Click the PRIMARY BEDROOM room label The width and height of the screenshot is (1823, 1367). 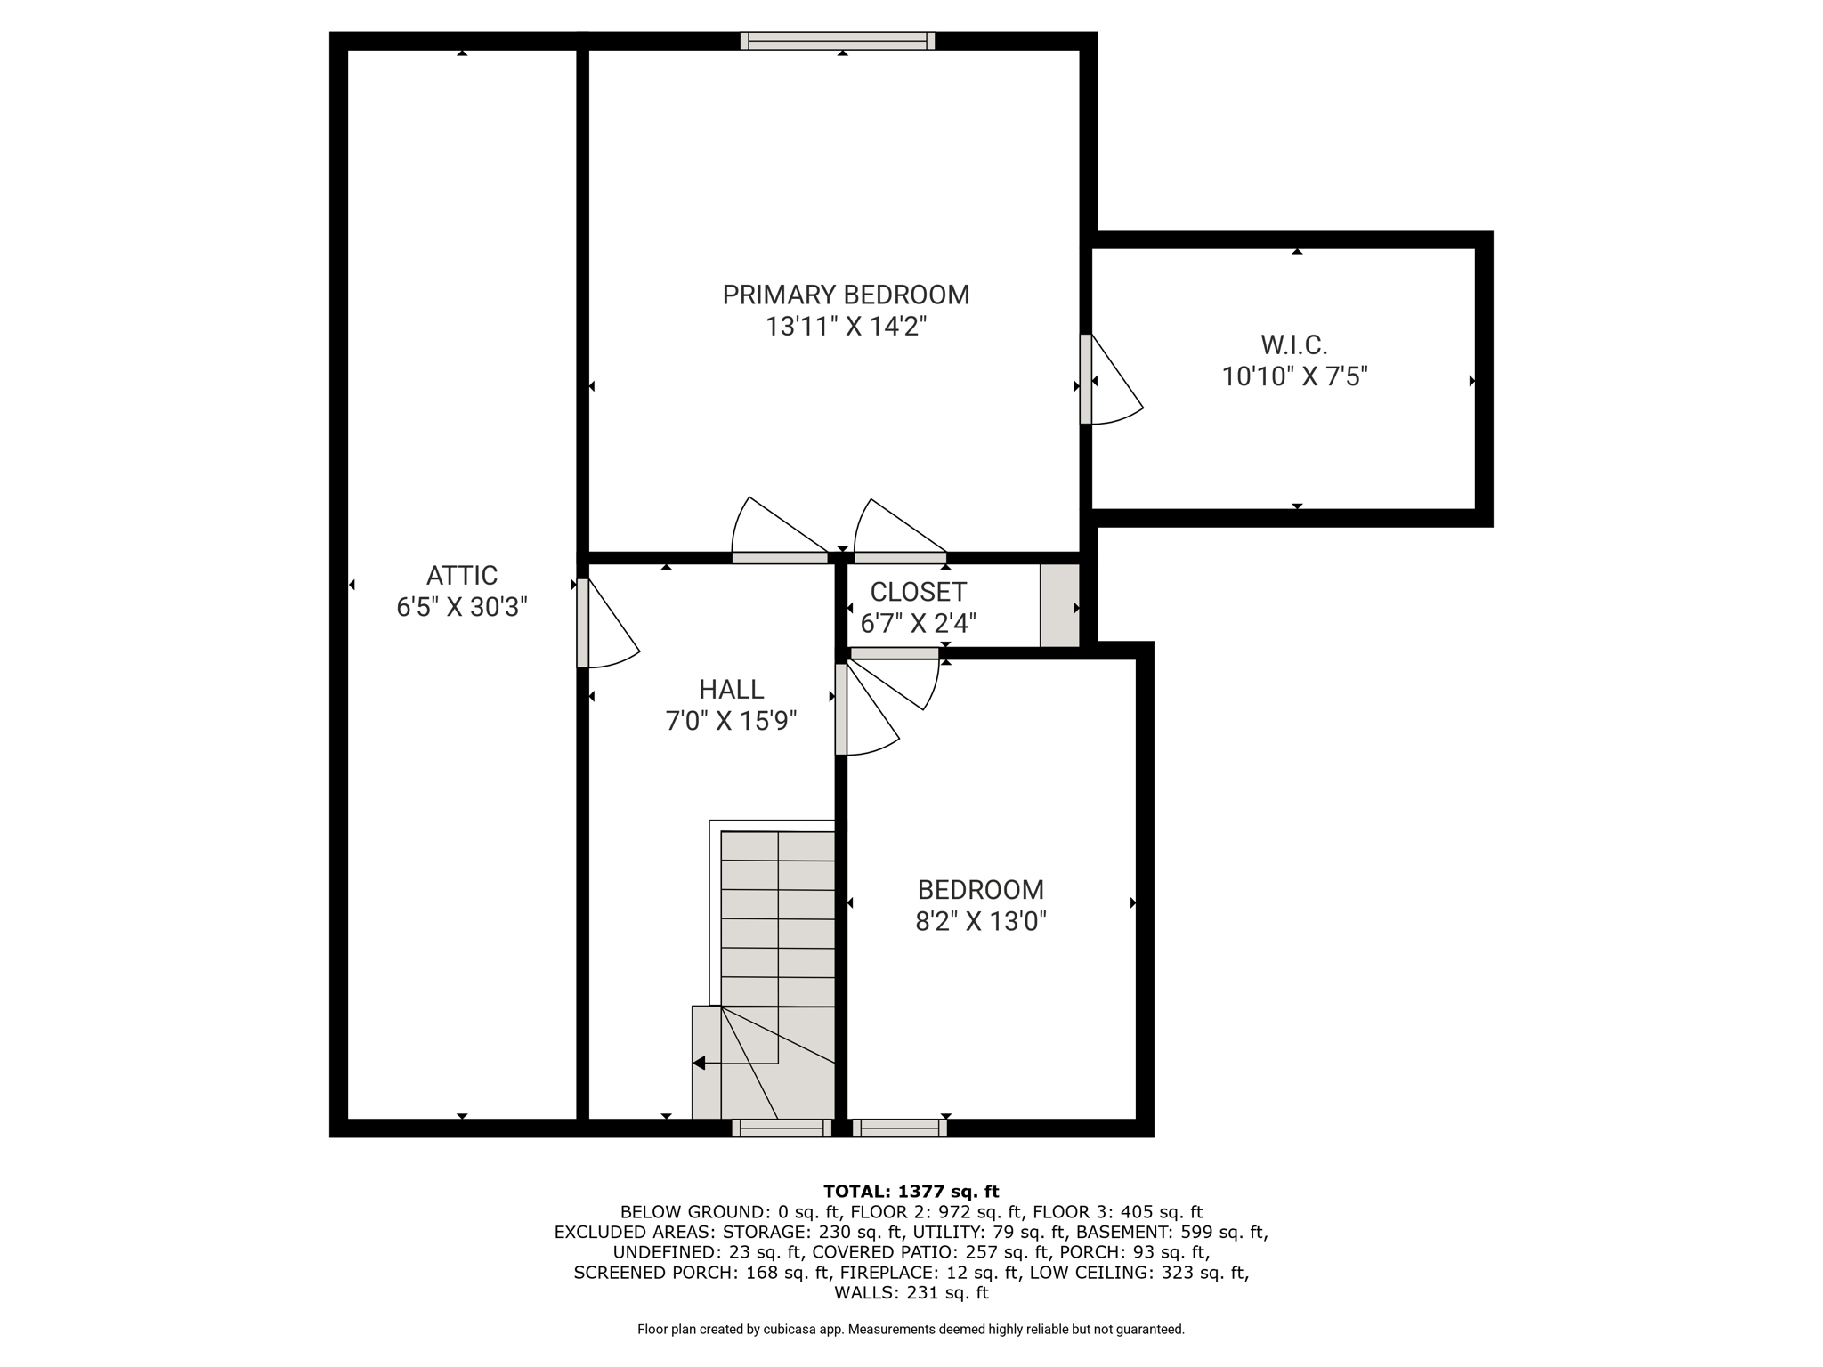846,295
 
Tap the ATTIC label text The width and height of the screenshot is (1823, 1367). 462,575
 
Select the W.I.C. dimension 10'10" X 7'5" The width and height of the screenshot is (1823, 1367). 1294,376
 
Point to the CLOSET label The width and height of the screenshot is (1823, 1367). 918,592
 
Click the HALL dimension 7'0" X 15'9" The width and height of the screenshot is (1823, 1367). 731,720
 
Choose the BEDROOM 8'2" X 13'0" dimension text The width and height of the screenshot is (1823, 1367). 981,920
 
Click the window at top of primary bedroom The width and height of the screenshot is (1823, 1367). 838,41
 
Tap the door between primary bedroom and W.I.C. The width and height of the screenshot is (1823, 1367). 1111,379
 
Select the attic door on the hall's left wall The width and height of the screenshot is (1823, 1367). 608,623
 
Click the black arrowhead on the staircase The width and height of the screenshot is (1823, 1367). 699,1063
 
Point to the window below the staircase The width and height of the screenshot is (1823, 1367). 782,1128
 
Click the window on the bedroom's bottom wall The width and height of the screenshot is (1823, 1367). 899,1128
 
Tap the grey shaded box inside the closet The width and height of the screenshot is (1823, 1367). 1060,605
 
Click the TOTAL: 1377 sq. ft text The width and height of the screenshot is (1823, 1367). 911,1192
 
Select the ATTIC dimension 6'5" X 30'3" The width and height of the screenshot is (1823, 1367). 462,607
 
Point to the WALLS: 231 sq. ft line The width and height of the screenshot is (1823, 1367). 911,1293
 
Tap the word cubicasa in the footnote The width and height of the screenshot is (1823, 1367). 790,1330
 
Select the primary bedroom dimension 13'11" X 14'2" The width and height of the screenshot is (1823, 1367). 847,327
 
